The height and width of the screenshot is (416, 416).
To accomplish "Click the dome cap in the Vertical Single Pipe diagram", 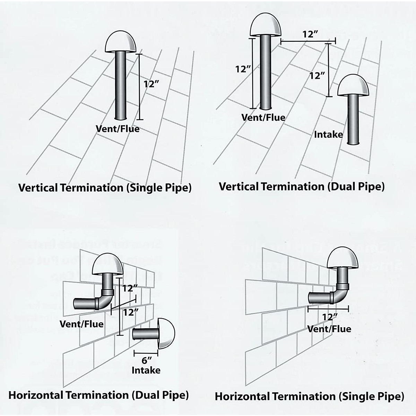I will coord(120,42).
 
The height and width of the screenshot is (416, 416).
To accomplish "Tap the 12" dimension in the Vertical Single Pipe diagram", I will coord(151,84).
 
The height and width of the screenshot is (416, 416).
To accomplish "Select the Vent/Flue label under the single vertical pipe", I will coord(118,129).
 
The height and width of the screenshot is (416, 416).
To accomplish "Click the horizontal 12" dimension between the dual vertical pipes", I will coord(310,34).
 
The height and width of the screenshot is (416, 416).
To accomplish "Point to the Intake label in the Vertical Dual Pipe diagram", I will coord(328,135).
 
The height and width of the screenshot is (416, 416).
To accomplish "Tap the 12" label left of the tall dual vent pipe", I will coord(243,69).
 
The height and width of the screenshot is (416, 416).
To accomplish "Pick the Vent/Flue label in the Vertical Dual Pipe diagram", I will coord(263,117).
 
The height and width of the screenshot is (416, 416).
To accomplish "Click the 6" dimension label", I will coord(146,360).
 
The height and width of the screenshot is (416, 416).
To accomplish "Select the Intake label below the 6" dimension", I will coord(146,370).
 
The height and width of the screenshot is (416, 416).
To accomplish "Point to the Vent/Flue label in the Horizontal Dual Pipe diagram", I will coord(82,324).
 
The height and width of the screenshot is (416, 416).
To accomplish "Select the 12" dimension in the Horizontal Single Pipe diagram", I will coord(330,317).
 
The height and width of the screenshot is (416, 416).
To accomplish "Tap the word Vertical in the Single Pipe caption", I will coord(38,188).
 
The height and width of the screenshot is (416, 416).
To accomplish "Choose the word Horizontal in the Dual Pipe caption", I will coord(36,395).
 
